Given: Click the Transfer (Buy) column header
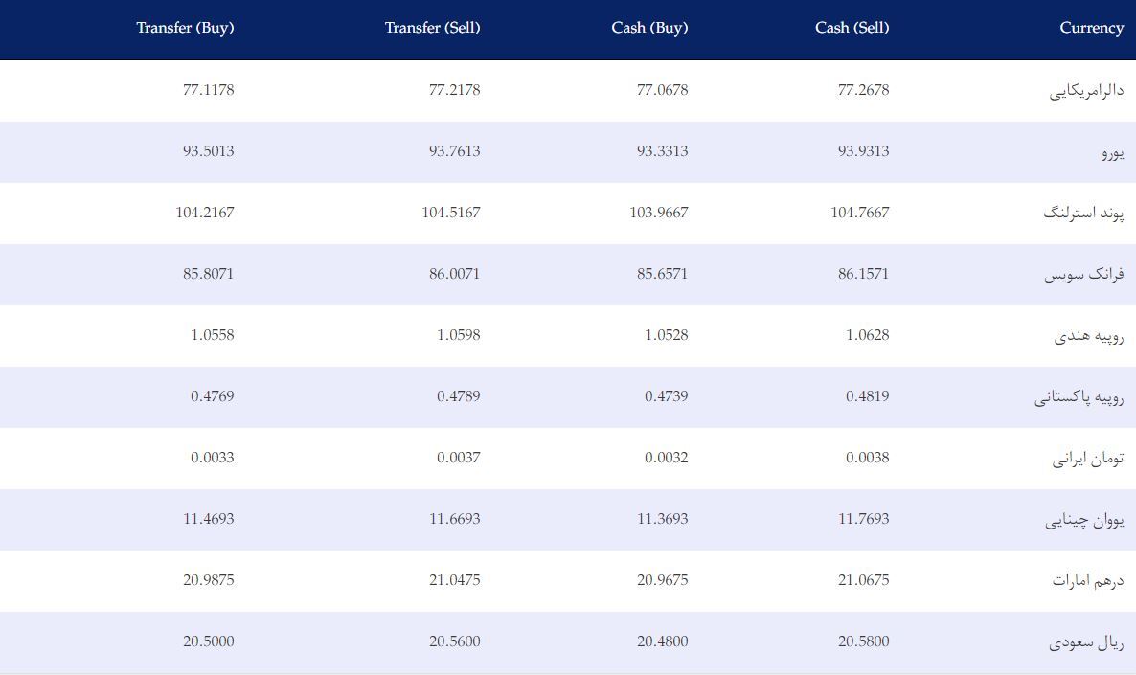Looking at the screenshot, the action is coord(185,29).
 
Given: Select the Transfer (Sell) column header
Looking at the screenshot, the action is coord(433,29).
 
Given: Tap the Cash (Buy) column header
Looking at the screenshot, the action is coord(649,29).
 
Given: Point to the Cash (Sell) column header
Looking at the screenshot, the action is coord(852,29).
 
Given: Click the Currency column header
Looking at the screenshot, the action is coord(1092,29).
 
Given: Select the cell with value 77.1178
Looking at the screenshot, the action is coord(209,90).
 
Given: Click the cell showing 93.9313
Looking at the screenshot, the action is coord(864,151).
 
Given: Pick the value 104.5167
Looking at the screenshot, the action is coord(450,213).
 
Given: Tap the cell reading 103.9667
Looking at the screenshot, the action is coord(659,213).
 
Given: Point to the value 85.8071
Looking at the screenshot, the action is coord(209,274).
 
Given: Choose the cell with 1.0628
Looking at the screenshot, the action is coord(867,335).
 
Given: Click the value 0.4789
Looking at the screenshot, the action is coord(459,396).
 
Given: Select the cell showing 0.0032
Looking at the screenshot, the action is coord(667,458).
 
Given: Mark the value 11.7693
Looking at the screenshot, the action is coord(864,519).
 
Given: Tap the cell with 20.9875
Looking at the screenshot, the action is coord(209,580).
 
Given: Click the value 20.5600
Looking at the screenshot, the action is coord(454,641).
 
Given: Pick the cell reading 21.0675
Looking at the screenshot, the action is coord(864,580).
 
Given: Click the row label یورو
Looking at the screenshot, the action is coord(1113,153).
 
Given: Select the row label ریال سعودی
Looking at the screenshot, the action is coord(1087,642).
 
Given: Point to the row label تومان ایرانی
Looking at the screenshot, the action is coord(1088,459).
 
